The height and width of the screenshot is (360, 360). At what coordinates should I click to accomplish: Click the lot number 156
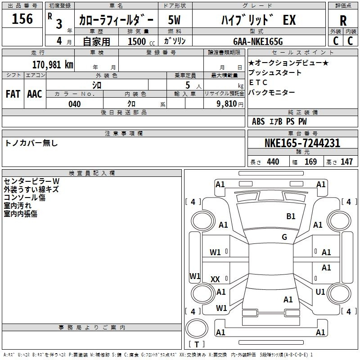(x=22, y=19)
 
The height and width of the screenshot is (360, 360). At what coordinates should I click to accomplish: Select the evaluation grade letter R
(x=343, y=21)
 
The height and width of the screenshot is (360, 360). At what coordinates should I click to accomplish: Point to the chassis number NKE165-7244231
(x=302, y=144)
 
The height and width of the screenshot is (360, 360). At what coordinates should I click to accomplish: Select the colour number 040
(x=75, y=104)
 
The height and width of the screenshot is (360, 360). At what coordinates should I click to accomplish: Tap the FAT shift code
(x=13, y=94)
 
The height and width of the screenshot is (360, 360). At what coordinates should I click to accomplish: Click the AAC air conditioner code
(x=35, y=94)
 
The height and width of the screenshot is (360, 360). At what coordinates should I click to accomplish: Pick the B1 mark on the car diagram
(x=291, y=216)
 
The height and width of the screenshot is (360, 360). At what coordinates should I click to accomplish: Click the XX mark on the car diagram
(x=215, y=279)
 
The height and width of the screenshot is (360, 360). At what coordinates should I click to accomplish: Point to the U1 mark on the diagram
(x=320, y=292)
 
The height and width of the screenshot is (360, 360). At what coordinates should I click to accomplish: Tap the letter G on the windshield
(x=284, y=237)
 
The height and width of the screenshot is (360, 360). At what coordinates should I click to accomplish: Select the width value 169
(x=310, y=162)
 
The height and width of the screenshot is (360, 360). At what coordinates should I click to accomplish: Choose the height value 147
(x=346, y=162)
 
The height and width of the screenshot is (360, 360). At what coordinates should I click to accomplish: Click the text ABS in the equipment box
(x=258, y=121)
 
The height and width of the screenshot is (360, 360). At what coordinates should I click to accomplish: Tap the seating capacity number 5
(x=187, y=85)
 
